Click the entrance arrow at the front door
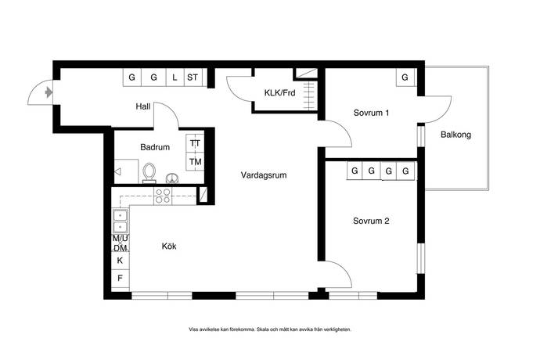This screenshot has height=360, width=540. pyautogui.click(x=49, y=92)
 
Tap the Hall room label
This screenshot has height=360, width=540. pyautogui.click(x=143, y=106)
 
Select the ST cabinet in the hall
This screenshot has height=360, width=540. pyautogui.click(x=193, y=77)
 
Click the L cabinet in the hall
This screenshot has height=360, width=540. pyautogui.click(x=175, y=77)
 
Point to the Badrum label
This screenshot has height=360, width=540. pyautogui.click(x=155, y=147)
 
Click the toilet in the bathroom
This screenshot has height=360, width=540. pyautogui.click(x=149, y=173)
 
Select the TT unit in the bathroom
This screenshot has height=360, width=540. pyautogui.click(x=196, y=143)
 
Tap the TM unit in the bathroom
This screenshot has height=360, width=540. pyautogui.click(x=196, y=161)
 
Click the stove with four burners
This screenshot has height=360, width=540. pyautogui.click(x=163, y=196)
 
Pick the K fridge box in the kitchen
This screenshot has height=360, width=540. pyautogui.click(x=121, y=260)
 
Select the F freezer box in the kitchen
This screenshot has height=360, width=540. pyautogui.click(x=121, y=278)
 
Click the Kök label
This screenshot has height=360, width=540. pyautogui.click(x=169, y=246)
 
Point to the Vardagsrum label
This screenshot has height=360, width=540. pyautogui.click(x=264, y=175)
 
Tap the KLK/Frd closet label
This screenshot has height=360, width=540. pyautogui.click(x=279, y=92)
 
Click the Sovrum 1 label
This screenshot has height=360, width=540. pyautogui.click(x=371, y=113)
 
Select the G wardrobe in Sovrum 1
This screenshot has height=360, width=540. pyautogui.click(x=405, y=77)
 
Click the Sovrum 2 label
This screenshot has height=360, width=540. pyautogui.click(x=371, y=221)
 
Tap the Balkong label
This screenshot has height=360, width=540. pyautogui.click(x=456, y=135)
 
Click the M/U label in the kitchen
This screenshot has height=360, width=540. pyautogui.click(x=121, y=239)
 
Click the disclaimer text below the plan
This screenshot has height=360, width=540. pyautogui.click(x=270, y=329)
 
